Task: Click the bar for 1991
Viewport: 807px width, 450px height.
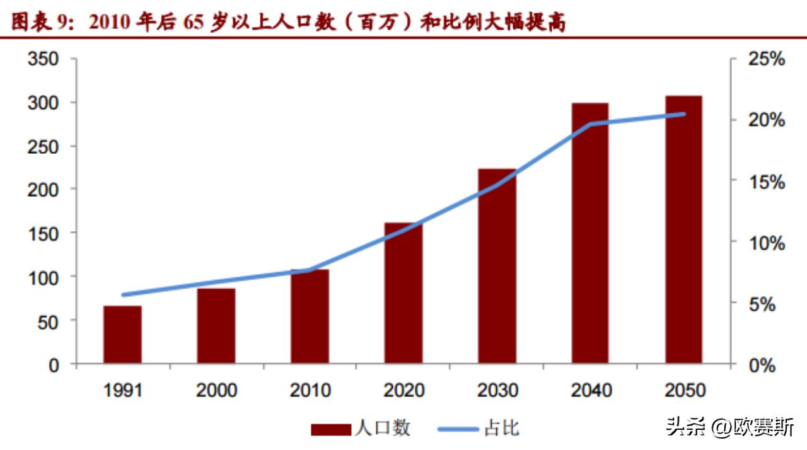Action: coord(122,335)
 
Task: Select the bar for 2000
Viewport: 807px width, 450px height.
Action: coord(216,326)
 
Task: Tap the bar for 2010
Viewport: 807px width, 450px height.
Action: coord(310,316)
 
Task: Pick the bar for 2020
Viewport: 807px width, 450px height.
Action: coord(403,293)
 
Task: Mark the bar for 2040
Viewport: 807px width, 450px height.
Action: coord(590,233)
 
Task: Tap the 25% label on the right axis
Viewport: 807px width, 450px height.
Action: coord(766,59)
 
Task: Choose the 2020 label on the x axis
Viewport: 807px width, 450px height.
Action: coord(403,391)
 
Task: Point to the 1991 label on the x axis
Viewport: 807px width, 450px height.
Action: coord(122,391)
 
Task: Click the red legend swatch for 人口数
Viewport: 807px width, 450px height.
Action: coord(330,429)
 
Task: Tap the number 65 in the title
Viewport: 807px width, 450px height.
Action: coord(197,23)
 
